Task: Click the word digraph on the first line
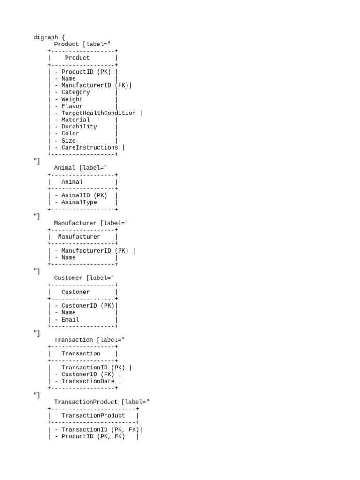tap(45, 37)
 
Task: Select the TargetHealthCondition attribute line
tap(98, 113)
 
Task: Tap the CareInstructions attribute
tap(90, 147)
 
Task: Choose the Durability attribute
tap(79, 127)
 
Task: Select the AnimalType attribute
tap(79, 202)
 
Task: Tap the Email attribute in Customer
tap(70, 320)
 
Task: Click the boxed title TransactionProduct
tap(93, 416)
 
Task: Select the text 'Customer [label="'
tap(84, 278)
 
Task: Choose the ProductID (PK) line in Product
tap(84, 72)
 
